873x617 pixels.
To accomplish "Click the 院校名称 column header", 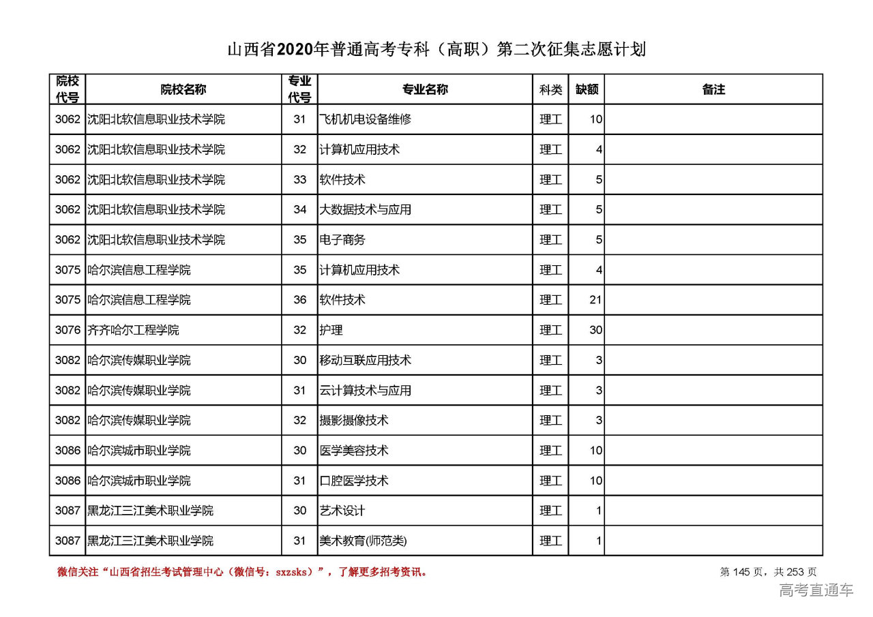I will coord(183,89).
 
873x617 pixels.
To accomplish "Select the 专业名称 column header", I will coord(425,89).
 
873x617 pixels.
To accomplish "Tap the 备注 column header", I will coord(713,89).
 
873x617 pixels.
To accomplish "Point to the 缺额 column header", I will coord(587,89).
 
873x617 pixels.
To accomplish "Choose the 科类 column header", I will coord(550,89).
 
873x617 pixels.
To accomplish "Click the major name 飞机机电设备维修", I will coord(366,119).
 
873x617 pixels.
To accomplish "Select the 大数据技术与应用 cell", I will coord(366,209).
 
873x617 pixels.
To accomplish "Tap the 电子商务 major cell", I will coord(342,240).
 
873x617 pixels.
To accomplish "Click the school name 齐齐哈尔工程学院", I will coord(134,330).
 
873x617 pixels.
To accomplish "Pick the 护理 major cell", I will coord(331,330).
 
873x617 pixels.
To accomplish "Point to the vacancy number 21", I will coord(595,300).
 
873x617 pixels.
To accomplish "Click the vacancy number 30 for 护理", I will coord(595,330).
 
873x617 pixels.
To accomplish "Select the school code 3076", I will coord(68,330).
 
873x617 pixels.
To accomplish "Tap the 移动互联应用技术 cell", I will coord(366,360).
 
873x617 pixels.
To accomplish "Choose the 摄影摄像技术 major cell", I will coord(354,420).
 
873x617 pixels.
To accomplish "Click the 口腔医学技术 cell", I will coord(354,481).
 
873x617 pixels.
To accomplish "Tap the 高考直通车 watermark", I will coord(816,590).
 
